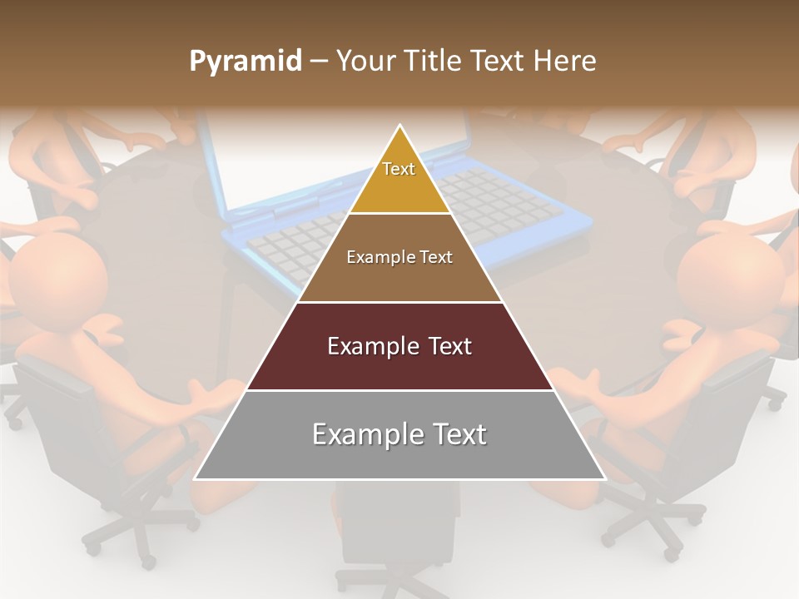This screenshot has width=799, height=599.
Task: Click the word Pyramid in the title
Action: pyautogui.click(x=245, y=62)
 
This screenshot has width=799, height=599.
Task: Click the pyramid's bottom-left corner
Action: pyautogui.click(x=196, y=478)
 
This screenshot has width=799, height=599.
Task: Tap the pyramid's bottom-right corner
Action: pyautogui.click(x=604, y=478)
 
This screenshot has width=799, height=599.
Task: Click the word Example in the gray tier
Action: pyautogui.click(x=360, y=434)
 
